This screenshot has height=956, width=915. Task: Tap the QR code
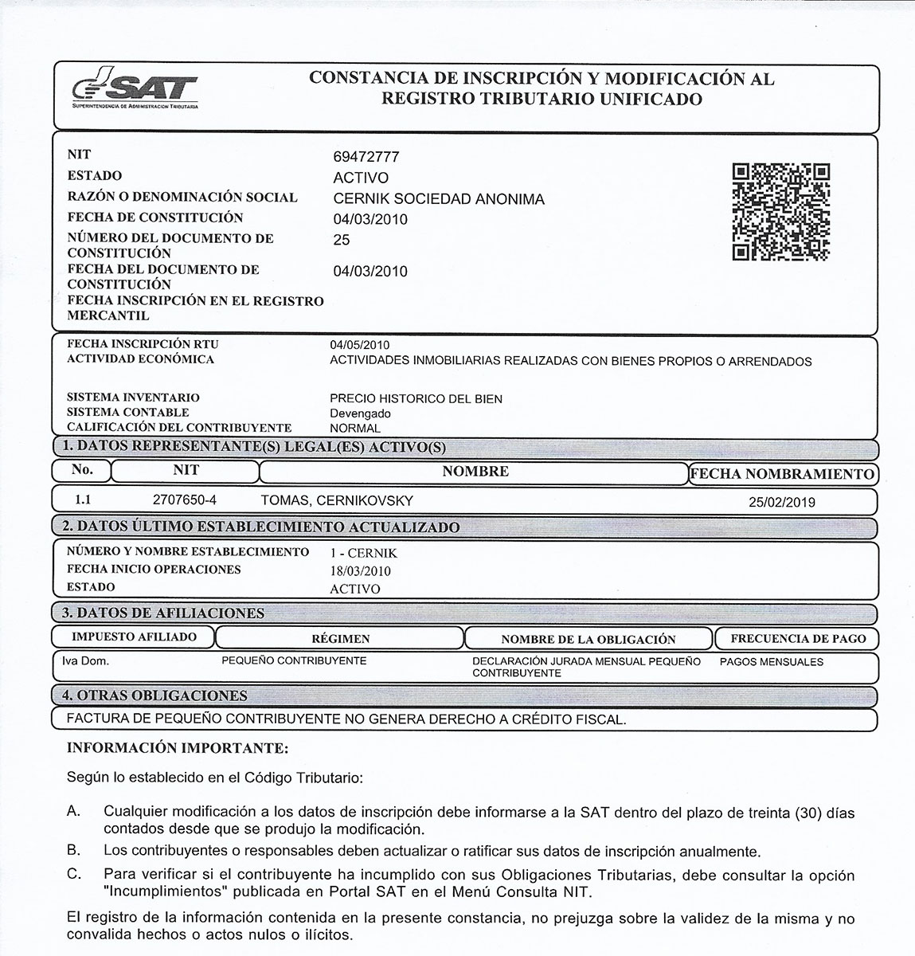coord(780,212)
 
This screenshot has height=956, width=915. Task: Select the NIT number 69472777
coord(366,157)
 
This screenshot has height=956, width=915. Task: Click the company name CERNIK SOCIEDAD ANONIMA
coord(439,199)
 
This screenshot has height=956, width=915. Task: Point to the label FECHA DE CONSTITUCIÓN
coord(155,217)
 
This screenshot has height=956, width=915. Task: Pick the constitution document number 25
coord(342,240)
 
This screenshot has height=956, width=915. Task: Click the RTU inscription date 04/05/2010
coord(360,345)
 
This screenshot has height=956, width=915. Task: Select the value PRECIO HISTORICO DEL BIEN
coord(416,398)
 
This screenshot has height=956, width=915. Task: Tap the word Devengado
coord(360,413)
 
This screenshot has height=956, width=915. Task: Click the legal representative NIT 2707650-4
coord(184,500)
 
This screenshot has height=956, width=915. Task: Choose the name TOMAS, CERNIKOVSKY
coord(337,500)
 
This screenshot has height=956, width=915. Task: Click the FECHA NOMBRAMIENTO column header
coord(783,474)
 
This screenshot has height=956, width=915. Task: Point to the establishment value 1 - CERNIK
coord(363,553)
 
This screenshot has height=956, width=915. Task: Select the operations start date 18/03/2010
coord(360,571)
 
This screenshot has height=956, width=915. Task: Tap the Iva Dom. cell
coord(85,661)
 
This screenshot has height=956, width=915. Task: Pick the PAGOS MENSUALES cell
coord(771,661)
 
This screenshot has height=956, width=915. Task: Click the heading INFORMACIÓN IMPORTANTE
coord(177,749)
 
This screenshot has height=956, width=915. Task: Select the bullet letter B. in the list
coord(74,850)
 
